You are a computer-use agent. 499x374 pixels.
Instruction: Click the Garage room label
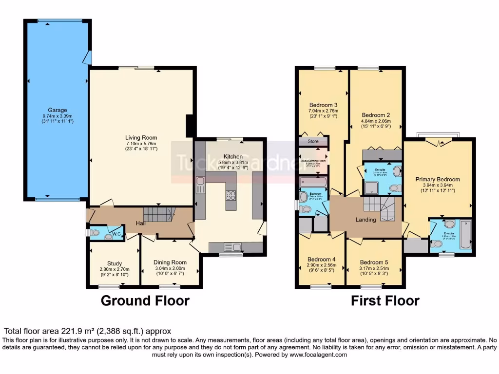pos(58,110)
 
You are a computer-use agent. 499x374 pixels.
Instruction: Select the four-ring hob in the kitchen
pos(230,196)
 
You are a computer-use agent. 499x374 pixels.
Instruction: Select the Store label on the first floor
pos(313,142)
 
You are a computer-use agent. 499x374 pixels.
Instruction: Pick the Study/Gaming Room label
pos(313,160)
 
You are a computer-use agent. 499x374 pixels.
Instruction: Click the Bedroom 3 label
pos(323,105)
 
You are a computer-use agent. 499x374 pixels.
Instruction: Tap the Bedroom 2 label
pos(375,115)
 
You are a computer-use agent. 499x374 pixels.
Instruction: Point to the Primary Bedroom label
pos(437,179)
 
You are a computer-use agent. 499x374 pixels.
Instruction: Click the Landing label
pos(365,220)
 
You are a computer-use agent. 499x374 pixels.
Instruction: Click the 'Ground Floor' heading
pos(145,300)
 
